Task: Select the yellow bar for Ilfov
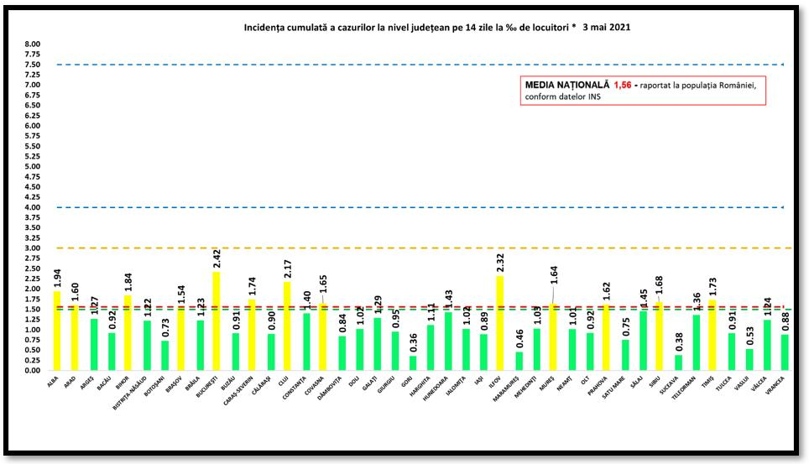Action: [x=500, y=323]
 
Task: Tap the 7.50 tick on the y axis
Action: [x=32, y=65]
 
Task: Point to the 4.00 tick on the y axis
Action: [x=32, y=207]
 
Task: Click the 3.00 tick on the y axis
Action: [x=32, y=248]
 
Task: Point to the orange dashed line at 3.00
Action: [x=420, y=248]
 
